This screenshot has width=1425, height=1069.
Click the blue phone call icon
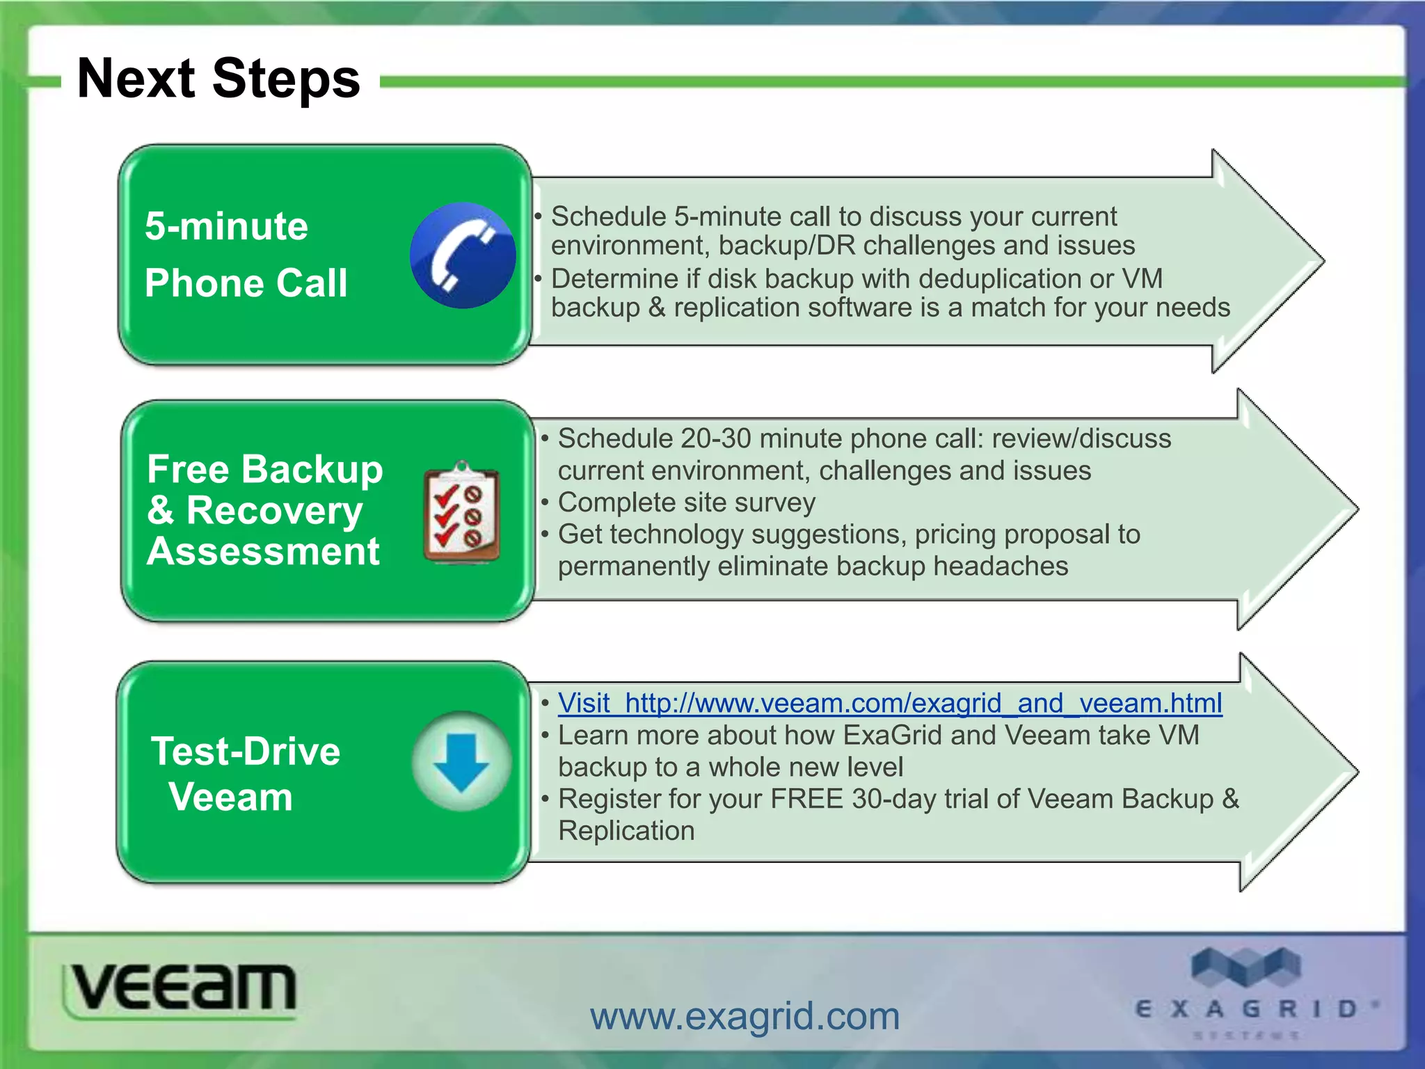coord(463,255)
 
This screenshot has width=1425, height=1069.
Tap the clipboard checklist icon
coord(461,513)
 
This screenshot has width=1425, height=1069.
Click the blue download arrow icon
coord(461,761)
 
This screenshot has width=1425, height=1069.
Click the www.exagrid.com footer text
coord(745,1017)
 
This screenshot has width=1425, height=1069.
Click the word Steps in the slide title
coord(286,79)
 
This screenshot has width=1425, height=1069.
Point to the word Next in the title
coord(136,79)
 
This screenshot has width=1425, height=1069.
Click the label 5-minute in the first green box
coord(226,226)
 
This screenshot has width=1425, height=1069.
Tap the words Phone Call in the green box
coord(246,283)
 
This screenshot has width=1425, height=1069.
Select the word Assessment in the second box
coord(263,552)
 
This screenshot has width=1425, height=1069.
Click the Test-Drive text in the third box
coord(246,752)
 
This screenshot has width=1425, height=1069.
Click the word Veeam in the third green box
coord(230,797)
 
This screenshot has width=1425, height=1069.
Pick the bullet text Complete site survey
coord(686,502)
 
